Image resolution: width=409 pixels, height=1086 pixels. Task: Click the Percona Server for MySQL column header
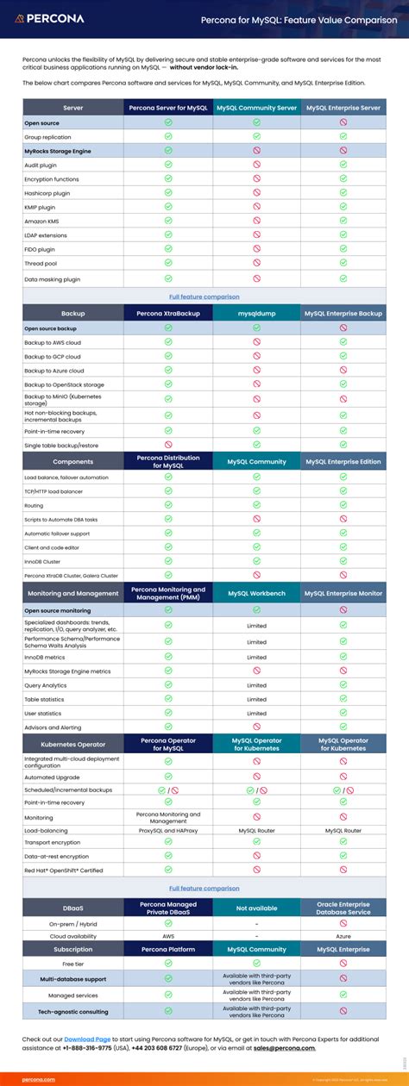click(168, 108)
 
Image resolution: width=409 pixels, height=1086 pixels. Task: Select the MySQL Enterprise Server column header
click(343, 108)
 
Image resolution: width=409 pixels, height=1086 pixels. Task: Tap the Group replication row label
click(47, 137)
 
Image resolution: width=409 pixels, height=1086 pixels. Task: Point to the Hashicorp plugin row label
click(47, 193)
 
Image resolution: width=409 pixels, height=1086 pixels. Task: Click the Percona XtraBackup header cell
click(168, 314)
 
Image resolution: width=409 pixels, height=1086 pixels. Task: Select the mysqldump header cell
click(256, 314)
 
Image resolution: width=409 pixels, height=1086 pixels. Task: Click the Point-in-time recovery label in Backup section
click(54, 431)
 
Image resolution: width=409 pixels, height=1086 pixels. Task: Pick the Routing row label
click(35, 506)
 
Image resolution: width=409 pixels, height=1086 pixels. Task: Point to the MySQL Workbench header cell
click(256, 593)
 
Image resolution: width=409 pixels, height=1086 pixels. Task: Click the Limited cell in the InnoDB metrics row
click(256, 657)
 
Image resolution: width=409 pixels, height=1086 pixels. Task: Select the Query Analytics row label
click(48, 685)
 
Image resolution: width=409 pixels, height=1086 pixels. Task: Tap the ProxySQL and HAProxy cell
click(168, 831)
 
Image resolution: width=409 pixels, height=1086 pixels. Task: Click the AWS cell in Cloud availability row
click(168, 935)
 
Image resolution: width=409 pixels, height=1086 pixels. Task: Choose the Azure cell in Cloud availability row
click(343, 935)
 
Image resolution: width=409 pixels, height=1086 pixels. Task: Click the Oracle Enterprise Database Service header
click(343, 907)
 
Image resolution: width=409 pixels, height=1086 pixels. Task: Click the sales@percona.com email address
click(284, 1048)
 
